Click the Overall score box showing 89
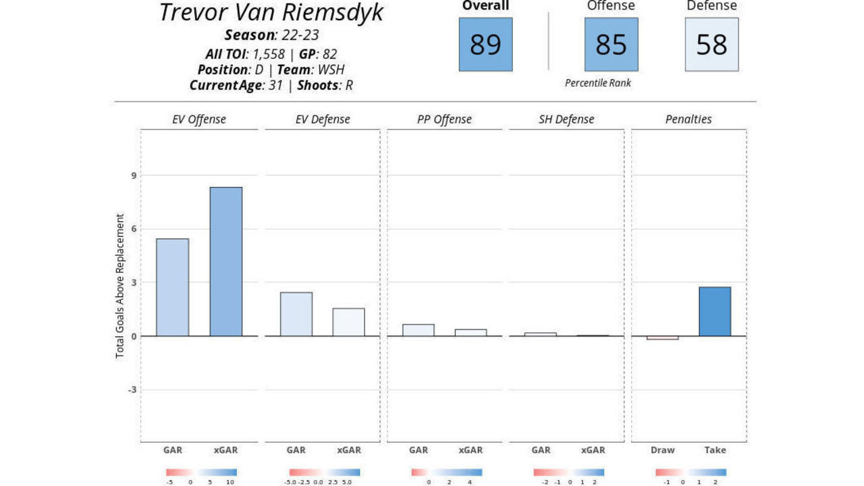(485, 45)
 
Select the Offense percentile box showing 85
(611, 45)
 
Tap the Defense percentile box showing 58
(711, 45)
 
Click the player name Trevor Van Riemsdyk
(271, 13)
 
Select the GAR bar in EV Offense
(172, 288)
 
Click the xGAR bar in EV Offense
(226, 262)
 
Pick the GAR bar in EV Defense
(296, 315)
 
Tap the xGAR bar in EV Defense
(348, 323)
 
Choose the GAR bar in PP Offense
(418, 330)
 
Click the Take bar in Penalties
(715, 312)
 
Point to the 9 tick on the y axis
(134, 175)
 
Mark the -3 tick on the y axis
(132, 389)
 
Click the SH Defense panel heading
(566, 119)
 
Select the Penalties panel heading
(688, 119)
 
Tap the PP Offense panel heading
(444, 119)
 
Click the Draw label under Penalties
(662, 450)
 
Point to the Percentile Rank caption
(598, 83)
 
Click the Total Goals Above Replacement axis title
(120, 286)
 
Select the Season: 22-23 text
(271, 35)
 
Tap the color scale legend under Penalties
(691, 473)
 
